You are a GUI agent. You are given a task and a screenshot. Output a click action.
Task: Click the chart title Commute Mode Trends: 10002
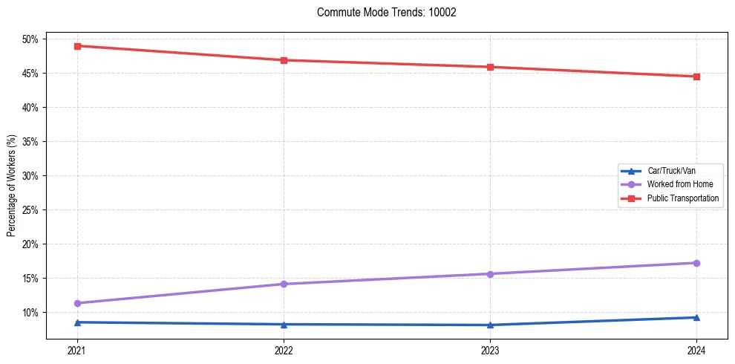click(x=386, y=13)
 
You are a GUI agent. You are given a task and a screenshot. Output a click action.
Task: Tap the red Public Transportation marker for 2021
click(x=77, y=46)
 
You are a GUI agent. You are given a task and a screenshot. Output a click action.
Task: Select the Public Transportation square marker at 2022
click(x=284, y=60)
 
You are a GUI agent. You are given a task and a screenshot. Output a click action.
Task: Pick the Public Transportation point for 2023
click(x=490, y=67)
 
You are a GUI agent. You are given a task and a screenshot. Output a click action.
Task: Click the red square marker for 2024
click(x=696, y=77)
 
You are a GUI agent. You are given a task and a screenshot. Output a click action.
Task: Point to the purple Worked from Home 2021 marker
click(x=77, y=303)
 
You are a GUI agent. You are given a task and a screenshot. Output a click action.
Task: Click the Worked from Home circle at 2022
click(x=284, y=284)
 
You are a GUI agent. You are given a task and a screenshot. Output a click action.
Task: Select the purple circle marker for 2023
click(x=490, y=274)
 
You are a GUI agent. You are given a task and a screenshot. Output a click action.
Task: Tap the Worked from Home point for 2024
click(x=696, y=263)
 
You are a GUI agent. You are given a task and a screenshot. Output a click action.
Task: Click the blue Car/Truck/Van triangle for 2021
click(x=77, y=322)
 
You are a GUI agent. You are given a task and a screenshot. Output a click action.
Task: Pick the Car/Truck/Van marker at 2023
click(x=490, y=325)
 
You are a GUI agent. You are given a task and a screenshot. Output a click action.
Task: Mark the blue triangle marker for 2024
click(x=696, y=318)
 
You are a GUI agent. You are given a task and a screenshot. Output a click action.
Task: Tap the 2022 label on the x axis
click(x=284, y=350)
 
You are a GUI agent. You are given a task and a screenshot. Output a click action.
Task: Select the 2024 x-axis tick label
click(x=696, y=350)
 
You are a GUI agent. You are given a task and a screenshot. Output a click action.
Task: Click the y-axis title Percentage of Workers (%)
click(x=12, y=186)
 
